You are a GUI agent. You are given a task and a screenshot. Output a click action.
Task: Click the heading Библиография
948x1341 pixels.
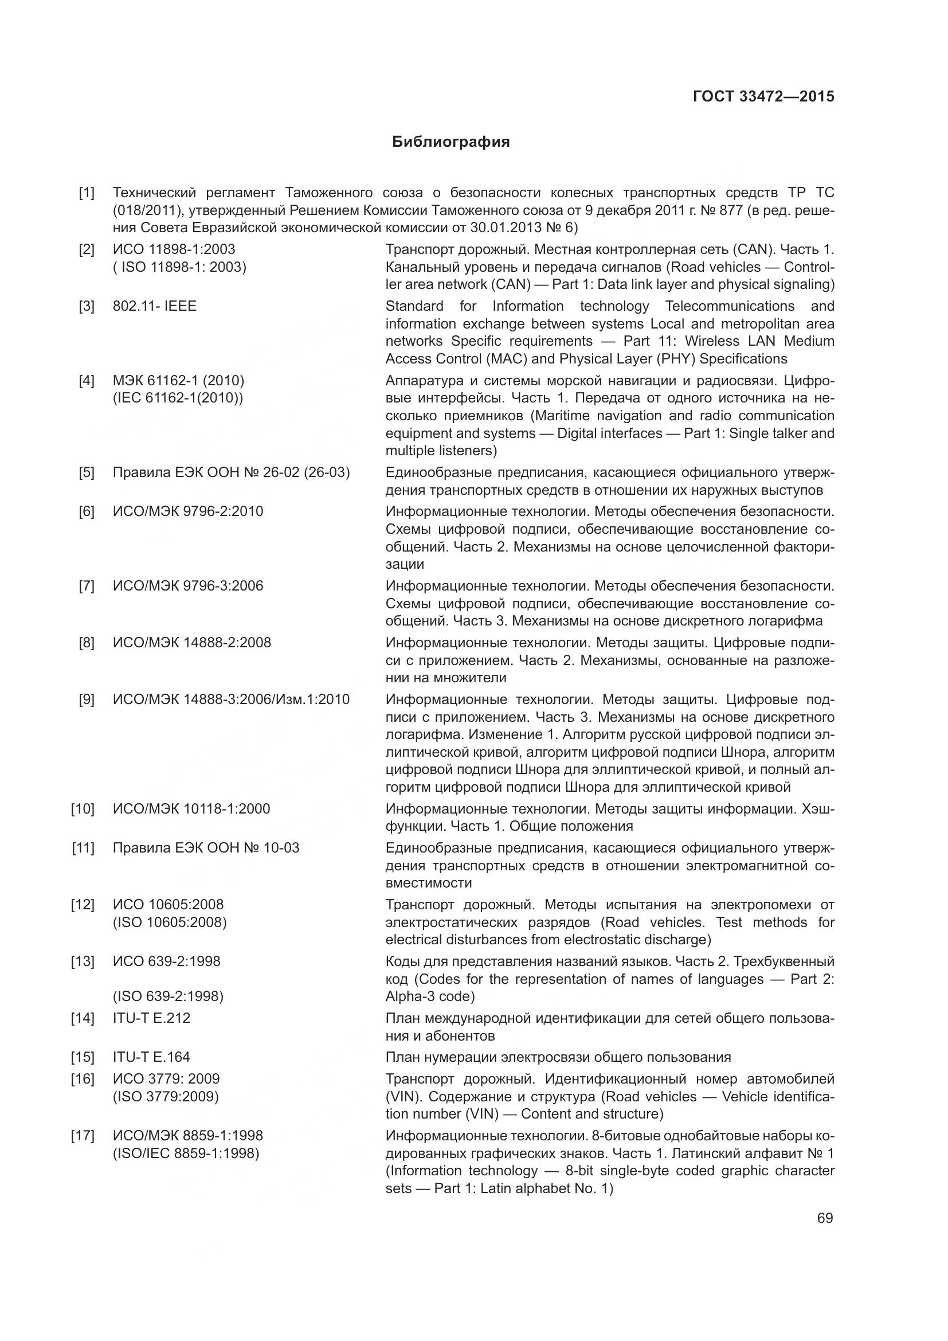click(x=451, y=142)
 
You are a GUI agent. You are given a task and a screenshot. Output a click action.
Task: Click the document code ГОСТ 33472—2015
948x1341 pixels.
click(x=763, y=97)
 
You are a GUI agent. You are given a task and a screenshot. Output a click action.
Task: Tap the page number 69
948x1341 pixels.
click(x=825, y=1218)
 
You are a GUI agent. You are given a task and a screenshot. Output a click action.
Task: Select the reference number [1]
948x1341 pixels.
click(x=87, y=193)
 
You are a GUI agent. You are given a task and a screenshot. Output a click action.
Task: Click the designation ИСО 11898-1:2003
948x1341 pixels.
click(x=174, y=249)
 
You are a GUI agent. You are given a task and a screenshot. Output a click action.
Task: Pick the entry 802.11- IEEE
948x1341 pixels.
click(x=155, y=306)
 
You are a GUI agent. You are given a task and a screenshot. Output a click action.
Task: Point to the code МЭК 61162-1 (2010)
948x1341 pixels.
click(x=179, y=381)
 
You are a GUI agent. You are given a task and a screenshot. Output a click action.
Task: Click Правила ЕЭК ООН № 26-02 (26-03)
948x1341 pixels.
click(x=231, y=472)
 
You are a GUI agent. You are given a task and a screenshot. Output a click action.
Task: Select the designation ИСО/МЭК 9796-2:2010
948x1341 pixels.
click(x=188, y=511)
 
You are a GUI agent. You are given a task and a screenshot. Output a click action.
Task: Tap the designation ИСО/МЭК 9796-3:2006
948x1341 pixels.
click(x=188, y=586)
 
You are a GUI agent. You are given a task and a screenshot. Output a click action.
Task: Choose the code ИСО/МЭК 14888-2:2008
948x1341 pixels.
click(x=192, y=643)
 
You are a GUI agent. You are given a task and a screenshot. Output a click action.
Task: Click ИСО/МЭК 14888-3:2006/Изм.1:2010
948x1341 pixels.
click(x=231, y=699)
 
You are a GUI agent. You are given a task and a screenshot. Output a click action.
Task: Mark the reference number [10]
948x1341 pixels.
click(x=83, y=809)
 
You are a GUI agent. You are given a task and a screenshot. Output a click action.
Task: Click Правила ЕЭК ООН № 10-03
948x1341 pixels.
click(x=206, y=848)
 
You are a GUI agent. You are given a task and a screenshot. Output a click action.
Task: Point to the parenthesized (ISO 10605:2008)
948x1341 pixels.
click(x=170, y=922)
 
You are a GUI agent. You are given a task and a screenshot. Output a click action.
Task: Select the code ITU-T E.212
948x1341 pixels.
click(x=152, y=1018)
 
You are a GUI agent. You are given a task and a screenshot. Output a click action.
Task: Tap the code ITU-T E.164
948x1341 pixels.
click(x=152, y=1057)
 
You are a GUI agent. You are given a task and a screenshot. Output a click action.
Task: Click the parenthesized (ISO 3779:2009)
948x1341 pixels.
click(x=166, y=1096)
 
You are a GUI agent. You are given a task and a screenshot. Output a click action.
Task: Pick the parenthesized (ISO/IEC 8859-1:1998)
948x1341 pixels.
click(x=186, y=1154)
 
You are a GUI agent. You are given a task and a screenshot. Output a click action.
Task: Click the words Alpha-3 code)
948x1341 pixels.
click(x=430, y=996)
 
